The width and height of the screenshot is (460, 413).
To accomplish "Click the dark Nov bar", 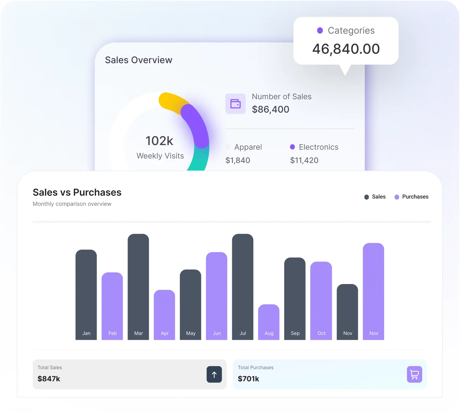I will (x=347, y=312).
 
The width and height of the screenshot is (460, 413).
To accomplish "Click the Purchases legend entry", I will (x=411, y=197).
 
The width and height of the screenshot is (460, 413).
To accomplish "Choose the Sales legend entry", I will (x=375, y=197).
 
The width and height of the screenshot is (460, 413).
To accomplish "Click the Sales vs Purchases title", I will (x=77, y=192).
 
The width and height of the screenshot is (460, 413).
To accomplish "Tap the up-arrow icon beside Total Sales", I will (x=214, y=375).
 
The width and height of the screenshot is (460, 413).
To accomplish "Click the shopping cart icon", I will (x=415, y=375).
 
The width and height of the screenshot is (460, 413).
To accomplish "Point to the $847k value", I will (x=49, y=379).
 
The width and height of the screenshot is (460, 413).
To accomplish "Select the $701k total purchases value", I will (x=249, y=379).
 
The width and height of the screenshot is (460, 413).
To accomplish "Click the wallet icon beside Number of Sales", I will (x=235, y=104).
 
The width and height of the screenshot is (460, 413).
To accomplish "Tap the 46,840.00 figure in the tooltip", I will (x=346, y=49).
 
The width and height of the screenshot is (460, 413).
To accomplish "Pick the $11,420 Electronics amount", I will (x=304, y=160).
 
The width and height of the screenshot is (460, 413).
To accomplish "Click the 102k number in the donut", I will (x=159, y=141).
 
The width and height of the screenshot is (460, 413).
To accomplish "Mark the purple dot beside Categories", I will (x=320, y=31).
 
